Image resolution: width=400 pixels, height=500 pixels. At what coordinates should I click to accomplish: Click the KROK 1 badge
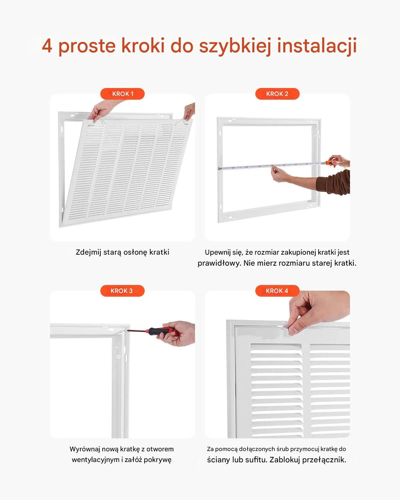[x=122, y=94]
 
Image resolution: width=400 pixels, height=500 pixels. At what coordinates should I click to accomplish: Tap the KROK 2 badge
[x=277, y=94]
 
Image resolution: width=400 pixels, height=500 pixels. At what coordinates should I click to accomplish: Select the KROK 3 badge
[x=122, y=291]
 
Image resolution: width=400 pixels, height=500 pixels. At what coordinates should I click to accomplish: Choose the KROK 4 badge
[x=277, y=291]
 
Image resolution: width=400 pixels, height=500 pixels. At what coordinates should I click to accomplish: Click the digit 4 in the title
[x=47, y=46]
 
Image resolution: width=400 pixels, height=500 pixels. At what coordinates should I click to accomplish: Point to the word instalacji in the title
[x=317, y=46]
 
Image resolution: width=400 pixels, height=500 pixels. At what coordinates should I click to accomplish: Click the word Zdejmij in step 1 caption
[x=88, y=252]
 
